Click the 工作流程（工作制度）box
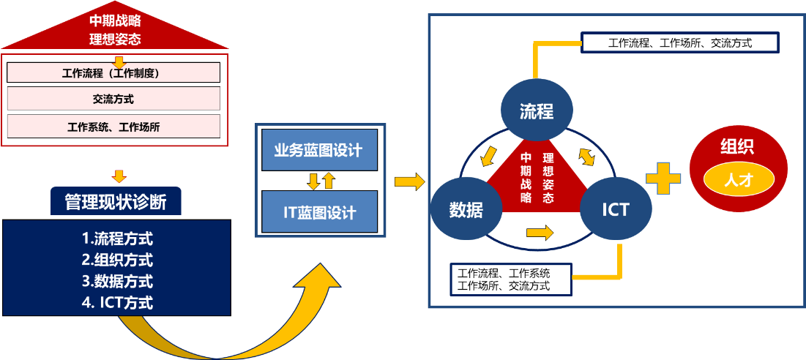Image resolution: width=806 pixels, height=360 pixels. point(113,72)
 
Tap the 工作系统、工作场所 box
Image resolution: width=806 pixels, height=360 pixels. point(113,126)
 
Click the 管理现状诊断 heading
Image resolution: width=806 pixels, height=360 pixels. point(116,202)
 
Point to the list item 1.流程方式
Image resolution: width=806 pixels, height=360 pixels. point(117,238)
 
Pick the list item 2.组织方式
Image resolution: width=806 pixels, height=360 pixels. point(117,259)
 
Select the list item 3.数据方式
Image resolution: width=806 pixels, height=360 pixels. point(117,280)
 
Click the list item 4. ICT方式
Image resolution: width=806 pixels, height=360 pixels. point(117,301)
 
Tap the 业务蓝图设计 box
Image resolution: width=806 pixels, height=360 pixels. point(318,150)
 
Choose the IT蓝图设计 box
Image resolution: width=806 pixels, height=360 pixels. point(318,212)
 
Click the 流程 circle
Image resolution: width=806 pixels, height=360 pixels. point(536,111)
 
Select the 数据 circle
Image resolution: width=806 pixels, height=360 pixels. point(466,209)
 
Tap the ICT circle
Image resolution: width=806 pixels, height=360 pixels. point(615,209)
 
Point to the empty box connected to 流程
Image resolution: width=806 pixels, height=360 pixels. point(679,42)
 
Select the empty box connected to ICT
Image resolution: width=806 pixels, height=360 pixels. point(510,279)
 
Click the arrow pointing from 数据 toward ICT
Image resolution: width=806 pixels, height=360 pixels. point(540,233)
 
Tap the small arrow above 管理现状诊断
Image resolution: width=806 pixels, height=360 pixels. point(119,176)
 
